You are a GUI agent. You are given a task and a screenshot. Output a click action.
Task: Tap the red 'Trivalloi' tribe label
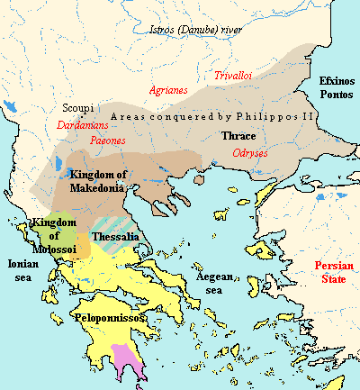[234, 77]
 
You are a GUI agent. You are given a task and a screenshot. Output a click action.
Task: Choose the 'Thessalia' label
[120, 236]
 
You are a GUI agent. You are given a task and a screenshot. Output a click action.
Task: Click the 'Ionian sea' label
[22, 270]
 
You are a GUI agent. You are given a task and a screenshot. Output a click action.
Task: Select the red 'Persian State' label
[331, 273]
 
